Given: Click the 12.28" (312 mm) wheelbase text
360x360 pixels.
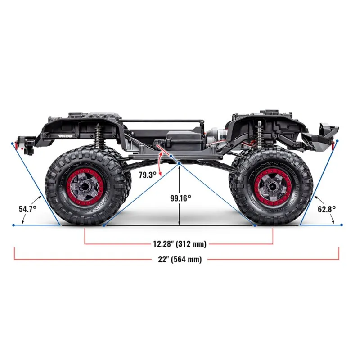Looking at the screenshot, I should [180, 244].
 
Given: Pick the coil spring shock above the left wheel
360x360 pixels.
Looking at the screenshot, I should [98, 134].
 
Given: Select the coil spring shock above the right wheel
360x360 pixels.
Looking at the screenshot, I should [260, 134].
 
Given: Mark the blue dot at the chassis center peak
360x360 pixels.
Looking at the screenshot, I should [180, 163].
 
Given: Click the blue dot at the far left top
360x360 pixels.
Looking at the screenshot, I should [13, 143].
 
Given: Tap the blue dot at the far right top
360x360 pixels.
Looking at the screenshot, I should [337, 141].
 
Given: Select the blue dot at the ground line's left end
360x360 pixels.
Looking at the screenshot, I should [14, 225].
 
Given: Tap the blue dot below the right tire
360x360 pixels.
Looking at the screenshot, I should [255, 225].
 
